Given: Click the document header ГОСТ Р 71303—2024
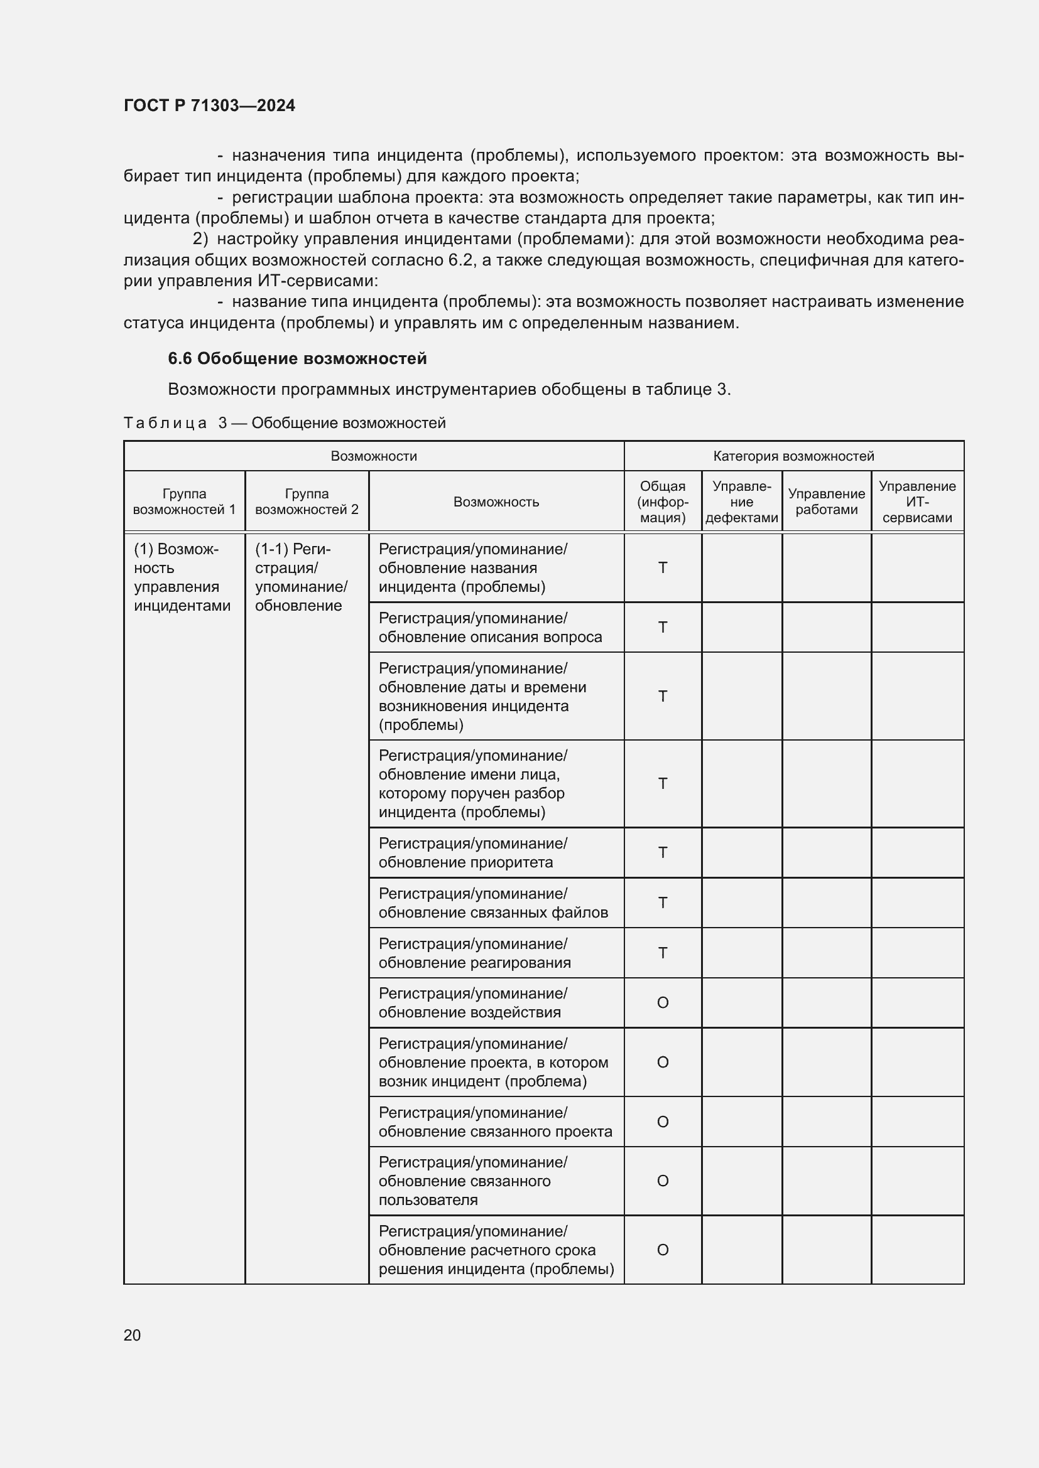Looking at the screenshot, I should coord(209,105).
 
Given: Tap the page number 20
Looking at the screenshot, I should coord(132,1335).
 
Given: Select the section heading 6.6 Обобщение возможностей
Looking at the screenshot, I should coord(297,359).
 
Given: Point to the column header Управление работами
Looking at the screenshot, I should coord(826,502).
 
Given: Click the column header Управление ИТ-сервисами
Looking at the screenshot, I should coord(917,502).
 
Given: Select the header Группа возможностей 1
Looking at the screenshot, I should coord(184,502).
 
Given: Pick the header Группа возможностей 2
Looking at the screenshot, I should coord(307,502).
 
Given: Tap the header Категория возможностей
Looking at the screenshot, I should coord(793,456).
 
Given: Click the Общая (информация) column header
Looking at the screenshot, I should coord(662,502).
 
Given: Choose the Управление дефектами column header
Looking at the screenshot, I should coord(741,502).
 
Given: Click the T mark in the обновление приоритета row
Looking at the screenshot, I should coord(662,852).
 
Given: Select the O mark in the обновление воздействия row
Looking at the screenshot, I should coord(662,1002).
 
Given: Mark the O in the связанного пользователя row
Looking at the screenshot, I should coord(662,1181).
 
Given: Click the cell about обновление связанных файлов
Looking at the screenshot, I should coord(492,903).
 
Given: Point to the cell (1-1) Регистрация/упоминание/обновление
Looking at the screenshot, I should coord(302,577).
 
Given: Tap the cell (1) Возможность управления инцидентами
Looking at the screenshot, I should coord(182,577).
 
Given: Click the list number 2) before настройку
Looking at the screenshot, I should coord(200,239).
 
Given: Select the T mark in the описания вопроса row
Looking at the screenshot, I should coord(662,627).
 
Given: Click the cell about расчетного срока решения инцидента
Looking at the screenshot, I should coord(495,1250).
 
